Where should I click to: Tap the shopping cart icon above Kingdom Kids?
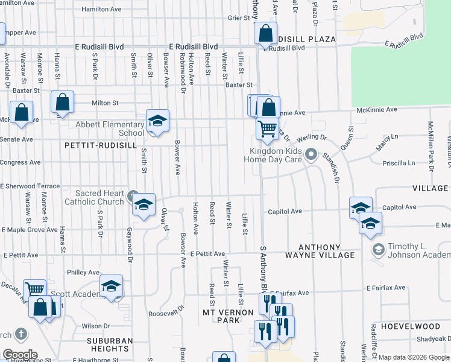[x=267, y=128]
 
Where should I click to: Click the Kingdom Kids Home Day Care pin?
[x=311, y=155]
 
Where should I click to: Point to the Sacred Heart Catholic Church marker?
[x=133, y=195]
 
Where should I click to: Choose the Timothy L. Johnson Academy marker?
[x=378, y=249]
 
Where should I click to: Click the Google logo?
[x=19, y=355]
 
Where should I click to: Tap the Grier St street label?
[x=238, y=18]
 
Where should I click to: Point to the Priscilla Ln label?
[x=399, y=163]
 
